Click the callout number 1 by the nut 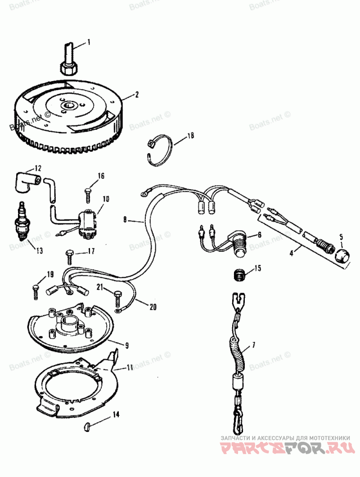(89, 42)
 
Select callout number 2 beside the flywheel (137, 95)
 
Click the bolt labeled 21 (118, 297)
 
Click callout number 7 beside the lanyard (253, 346)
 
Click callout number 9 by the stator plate (127, 346)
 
